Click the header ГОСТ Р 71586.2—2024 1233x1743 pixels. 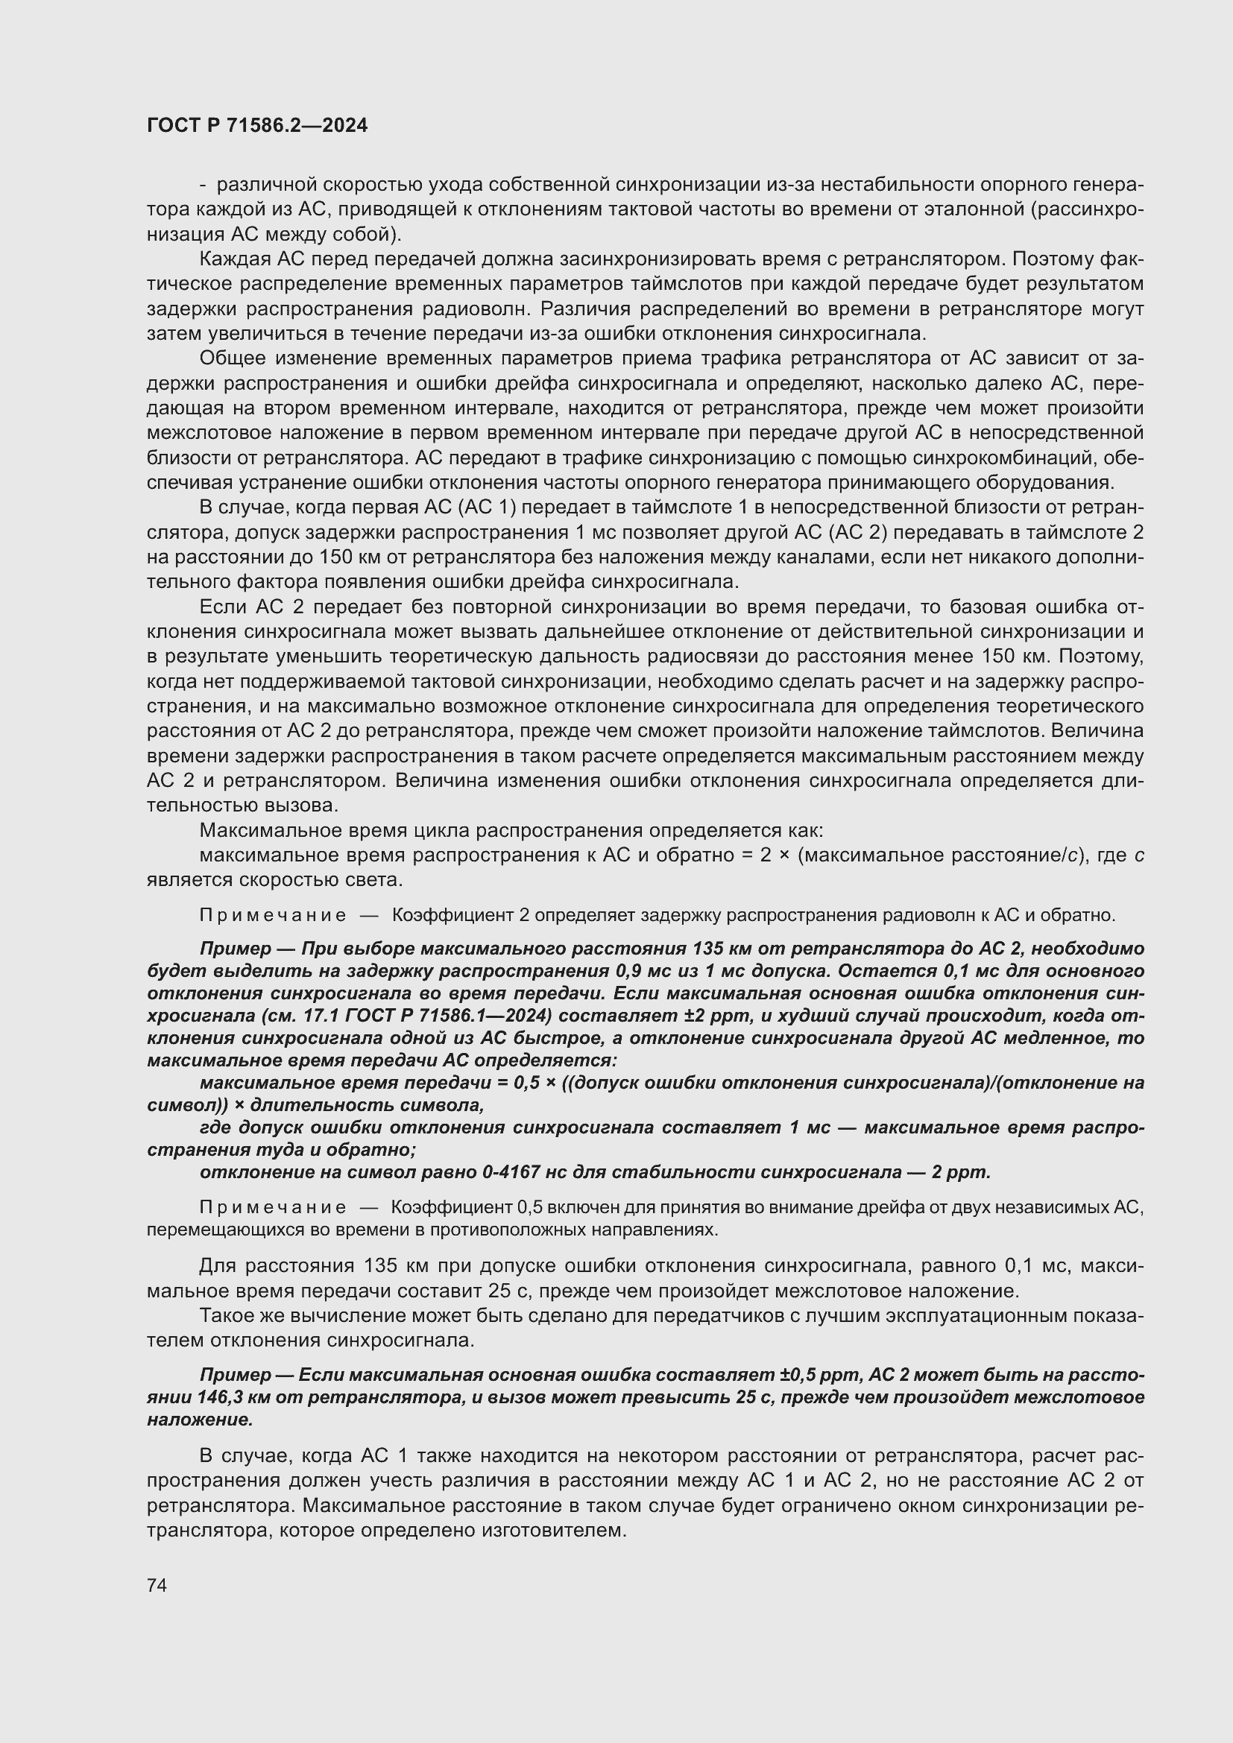[256, 126]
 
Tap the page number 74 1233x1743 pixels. [157, 1585]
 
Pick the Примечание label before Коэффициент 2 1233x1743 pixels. [273, 915]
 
